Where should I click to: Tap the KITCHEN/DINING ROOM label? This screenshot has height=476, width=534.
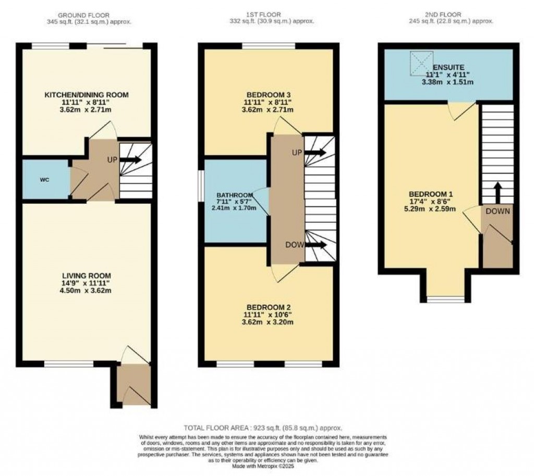pos(86,95)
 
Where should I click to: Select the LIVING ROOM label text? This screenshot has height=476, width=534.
pos(86,275)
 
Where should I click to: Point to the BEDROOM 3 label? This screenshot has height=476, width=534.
pos(269,95)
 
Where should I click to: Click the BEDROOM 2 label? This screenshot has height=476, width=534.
pos(269,307)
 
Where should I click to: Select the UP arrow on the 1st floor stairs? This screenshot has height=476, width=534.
pos(316,153)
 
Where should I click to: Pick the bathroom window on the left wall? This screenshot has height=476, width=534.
pos(201,185)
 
